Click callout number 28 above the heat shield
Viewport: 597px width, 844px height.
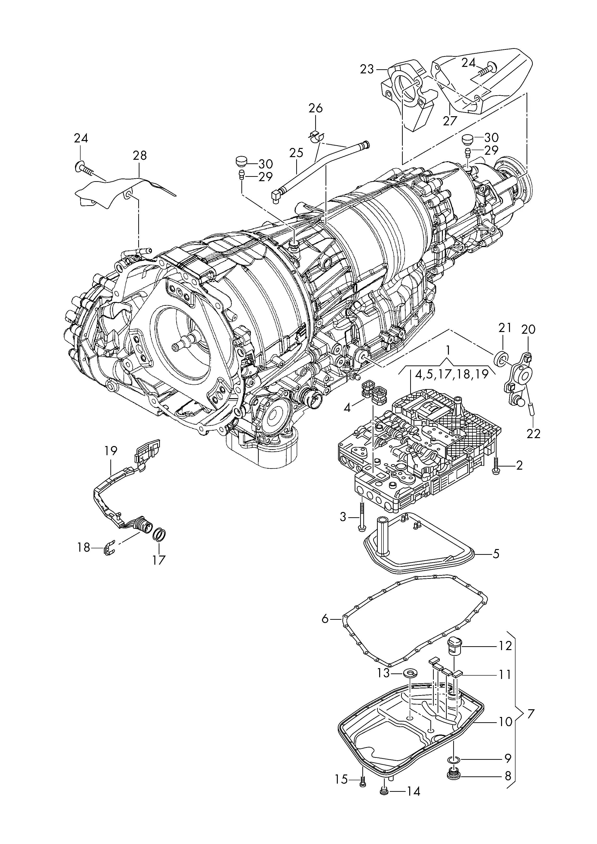pos(140,156)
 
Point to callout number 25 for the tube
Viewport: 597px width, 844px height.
pos(296,153)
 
